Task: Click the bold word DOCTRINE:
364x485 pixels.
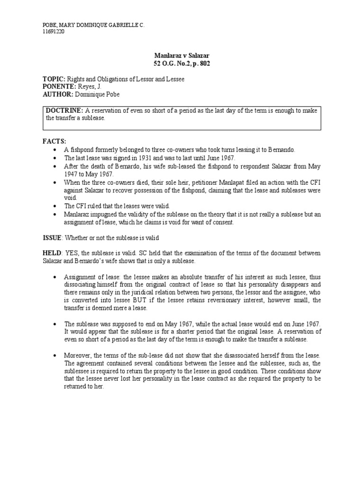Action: coord(64,110)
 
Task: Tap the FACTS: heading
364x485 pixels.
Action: coord(55,142)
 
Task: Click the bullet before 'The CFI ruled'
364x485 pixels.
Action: coord(56,207)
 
